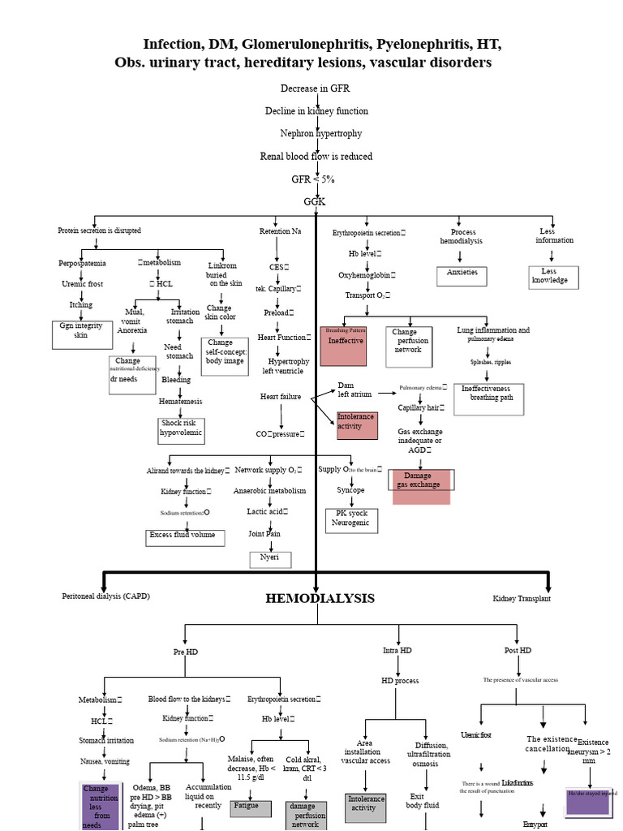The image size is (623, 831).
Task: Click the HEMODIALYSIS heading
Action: [x=320, y=598]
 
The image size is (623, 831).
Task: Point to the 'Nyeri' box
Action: [x=269, y=558]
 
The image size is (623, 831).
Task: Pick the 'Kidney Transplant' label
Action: [x=521, y=598]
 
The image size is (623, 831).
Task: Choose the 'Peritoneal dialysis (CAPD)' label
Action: [x=105, y=596]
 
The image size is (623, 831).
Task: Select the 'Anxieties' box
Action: [x=462, y=273]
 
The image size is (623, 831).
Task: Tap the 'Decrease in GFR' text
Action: [x=315, y=88]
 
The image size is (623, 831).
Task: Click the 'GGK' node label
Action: [x=315, y=200]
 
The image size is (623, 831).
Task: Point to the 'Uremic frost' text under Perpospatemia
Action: [x=82, y=284]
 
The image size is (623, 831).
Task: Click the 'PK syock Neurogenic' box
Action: [x=350, y=519]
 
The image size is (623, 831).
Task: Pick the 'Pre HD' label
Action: [x=185, y=652]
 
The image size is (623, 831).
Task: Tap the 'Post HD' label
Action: [x=518, y=650]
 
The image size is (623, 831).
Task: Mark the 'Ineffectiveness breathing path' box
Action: [x=488, y=398]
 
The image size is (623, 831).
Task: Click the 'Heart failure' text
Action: [x=281, y=396]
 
